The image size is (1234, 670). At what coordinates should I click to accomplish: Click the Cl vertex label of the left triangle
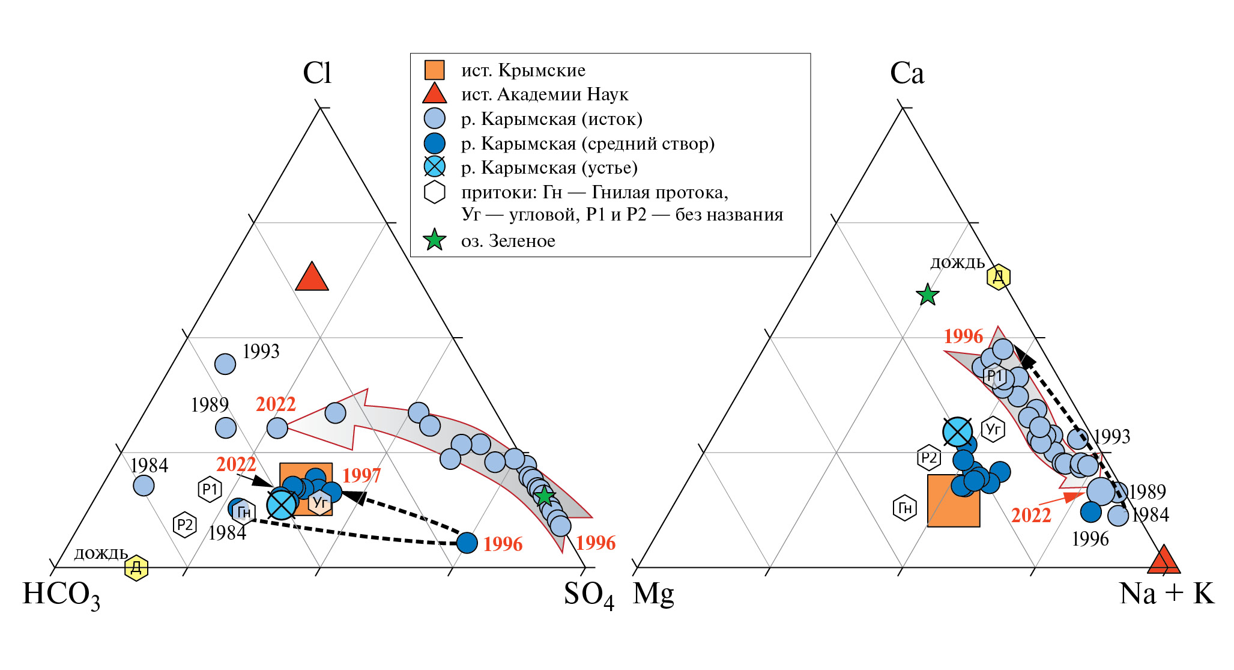click(317, 73)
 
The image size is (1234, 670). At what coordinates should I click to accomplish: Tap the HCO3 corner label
click(61, 594)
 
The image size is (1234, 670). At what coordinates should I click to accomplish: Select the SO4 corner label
click(588, 594)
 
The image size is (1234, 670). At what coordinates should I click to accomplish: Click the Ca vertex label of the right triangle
click(907, 73)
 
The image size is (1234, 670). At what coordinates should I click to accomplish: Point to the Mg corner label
click(653, 594)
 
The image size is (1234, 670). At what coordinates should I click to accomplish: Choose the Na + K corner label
click(1167, 594)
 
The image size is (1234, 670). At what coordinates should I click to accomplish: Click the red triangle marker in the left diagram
click(312, 278)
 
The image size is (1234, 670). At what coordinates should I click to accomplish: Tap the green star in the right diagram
click(927, 294)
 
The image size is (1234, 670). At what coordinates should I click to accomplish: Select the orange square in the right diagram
click(954, 501)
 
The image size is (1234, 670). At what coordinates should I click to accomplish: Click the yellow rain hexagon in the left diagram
click(136, 567)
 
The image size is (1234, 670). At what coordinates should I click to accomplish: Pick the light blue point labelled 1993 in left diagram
click(225, 364)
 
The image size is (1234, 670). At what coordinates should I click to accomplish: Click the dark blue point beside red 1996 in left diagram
click(467, 543)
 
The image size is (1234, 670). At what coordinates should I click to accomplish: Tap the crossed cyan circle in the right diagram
click(957, 431)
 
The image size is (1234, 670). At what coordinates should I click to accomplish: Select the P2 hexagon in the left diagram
click(184, 525)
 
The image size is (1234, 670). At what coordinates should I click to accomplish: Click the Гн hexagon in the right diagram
click(904, 508)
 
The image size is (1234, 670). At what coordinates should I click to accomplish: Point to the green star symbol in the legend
click(434, 240)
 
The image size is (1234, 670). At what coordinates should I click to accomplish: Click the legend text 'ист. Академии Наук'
click(544, 94)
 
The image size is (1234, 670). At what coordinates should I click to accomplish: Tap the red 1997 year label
click(361, 475)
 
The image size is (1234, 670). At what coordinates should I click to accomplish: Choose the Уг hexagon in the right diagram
click(993, 429)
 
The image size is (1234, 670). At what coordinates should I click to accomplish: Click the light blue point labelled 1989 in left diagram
click(226, 428)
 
